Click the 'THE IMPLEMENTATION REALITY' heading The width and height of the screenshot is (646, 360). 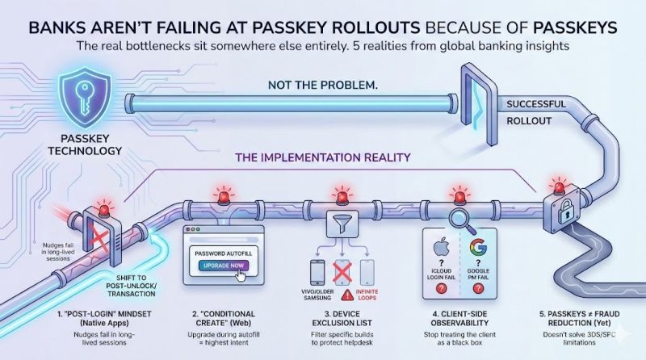325,158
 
